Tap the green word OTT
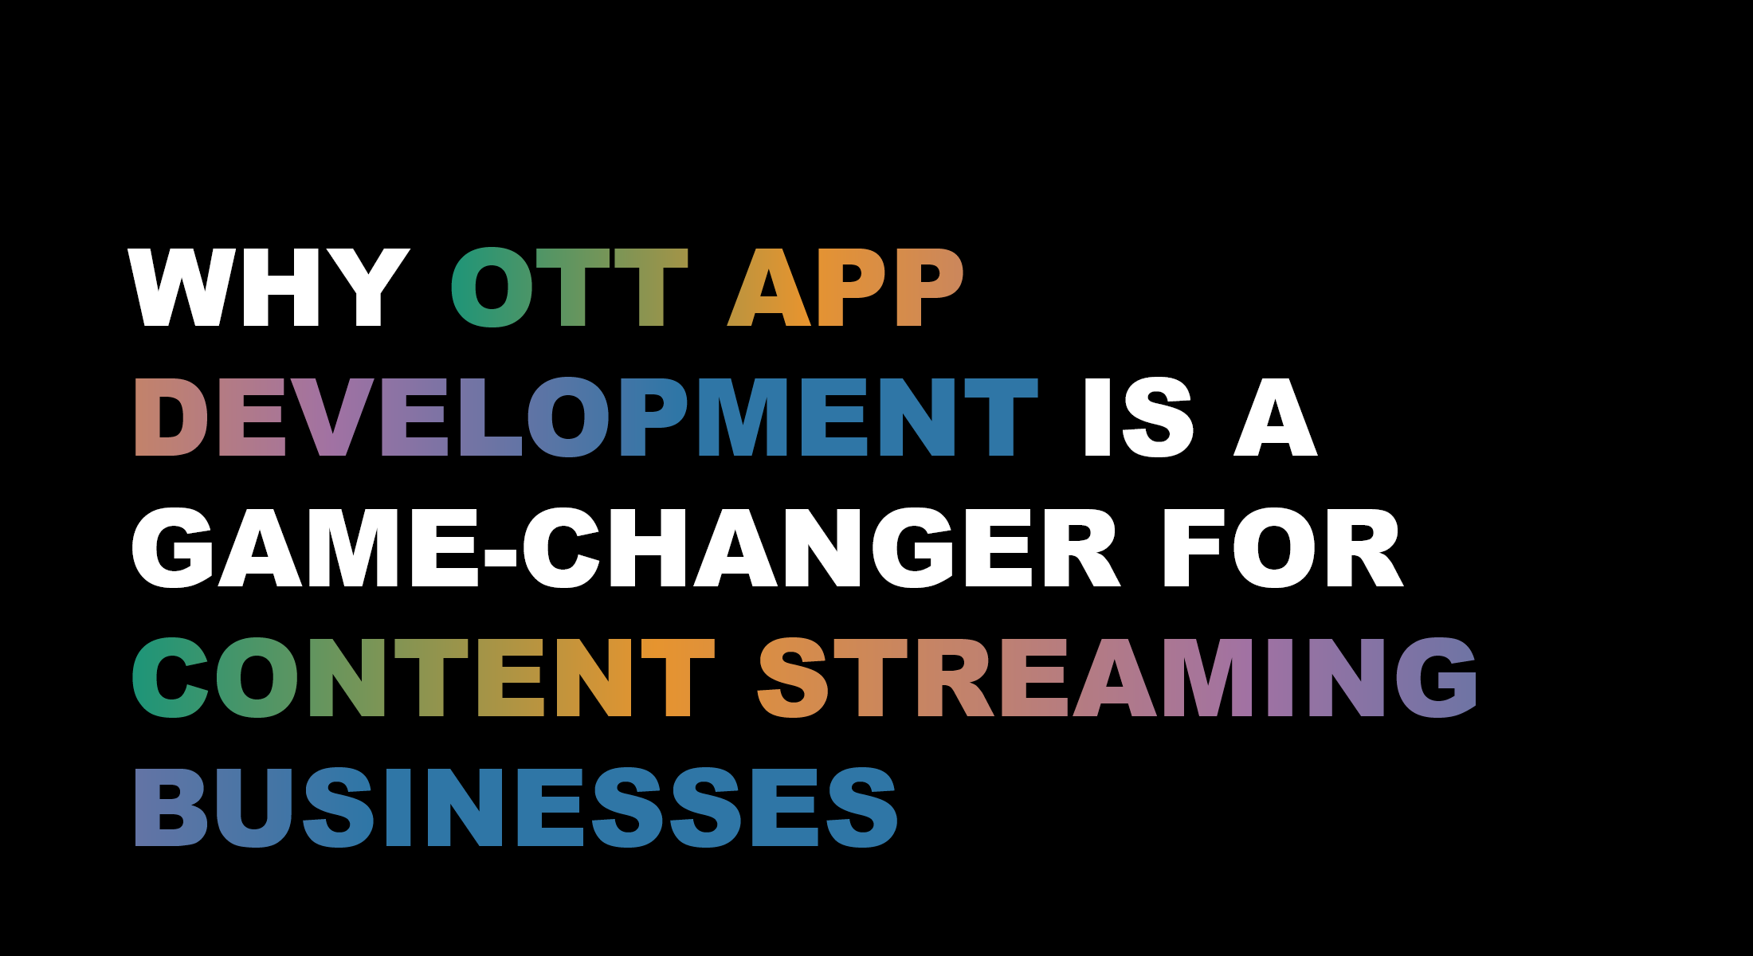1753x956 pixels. point(569,288)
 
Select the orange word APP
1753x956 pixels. point(845,288)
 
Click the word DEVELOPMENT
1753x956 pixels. point(586,417)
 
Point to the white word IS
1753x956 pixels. point(1138,417)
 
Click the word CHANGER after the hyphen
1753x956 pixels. point(821,547)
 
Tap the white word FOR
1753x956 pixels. point(1283,547)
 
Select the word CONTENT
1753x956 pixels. point(423,677)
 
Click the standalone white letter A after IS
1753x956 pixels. point(1275,417)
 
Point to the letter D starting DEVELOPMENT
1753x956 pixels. point(171,417)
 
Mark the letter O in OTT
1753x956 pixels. point(492,288)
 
